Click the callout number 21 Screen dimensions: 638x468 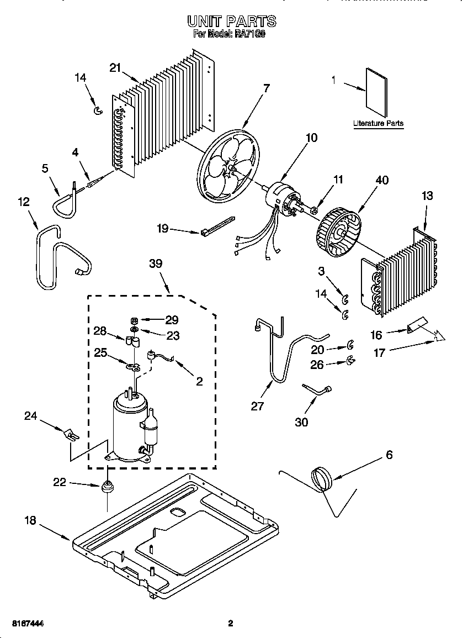pyautogui.click(x=115, y=67)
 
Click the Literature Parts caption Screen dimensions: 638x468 pyautogui.click(x=378, y=124)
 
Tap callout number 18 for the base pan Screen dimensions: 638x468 pyautogui.click(x=31, y=520)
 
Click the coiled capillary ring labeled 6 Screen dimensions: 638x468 pyautogui.click(x=321, y=477)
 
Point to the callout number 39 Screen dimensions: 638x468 pyautogui.click(x=156, y=263)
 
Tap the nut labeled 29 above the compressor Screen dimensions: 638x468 pyautogui.click(x=134, y=320)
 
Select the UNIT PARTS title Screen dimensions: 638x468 pyautogui.click(x=231, y=22)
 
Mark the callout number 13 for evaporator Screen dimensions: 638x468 pyautogui.click(x=427, y=196)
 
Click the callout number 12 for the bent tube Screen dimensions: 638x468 pyautogui.click(x=23, y=202)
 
